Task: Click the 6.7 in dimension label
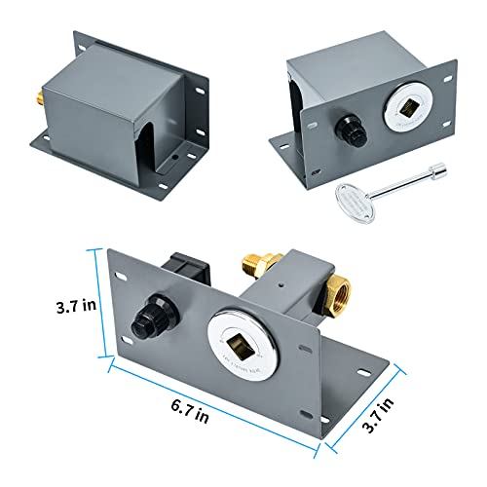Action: pyautogui.click(x=190, y=411)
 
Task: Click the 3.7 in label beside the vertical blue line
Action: pyautogui.click(x=76, y=306)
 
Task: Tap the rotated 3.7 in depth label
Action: pyautogui.click(x=378, y=415)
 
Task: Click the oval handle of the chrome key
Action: pyautogui.click(x=355, y=203)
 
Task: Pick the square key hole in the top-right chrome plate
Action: pyautogui.click(x=407, y=107)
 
